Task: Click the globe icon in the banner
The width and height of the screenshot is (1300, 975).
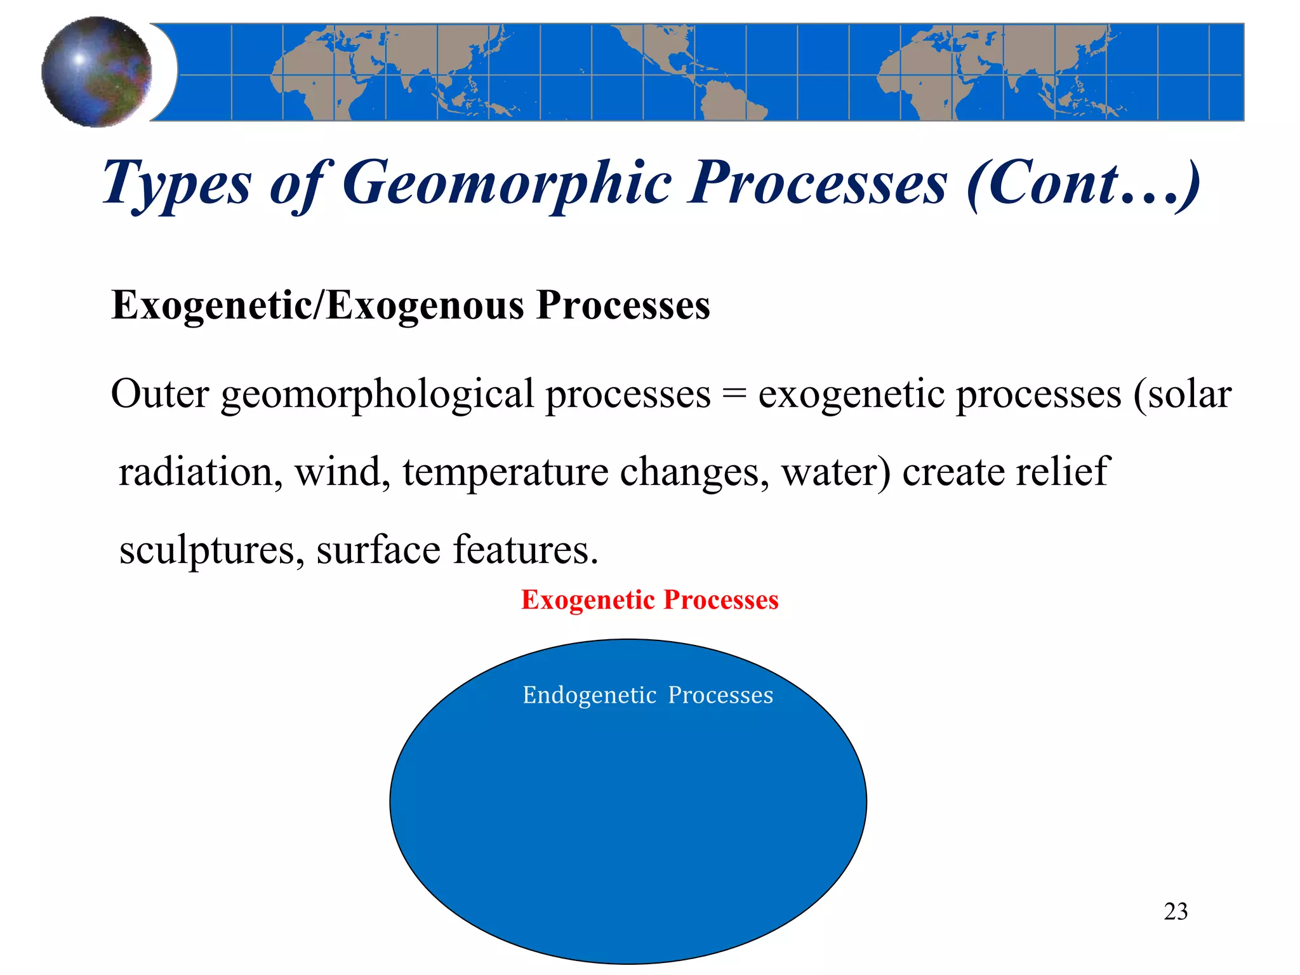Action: click(x=96, y=72)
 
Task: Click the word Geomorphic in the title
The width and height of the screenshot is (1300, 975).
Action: click(x=507, y=183)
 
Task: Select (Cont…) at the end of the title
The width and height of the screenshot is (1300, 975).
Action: click(x=1083, y=183)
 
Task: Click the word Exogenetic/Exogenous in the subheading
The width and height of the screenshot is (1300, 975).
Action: click(x=317, y=305)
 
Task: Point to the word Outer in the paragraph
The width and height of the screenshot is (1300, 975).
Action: click(x=159, y=394)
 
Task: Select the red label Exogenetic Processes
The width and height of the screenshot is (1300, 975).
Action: click(x=649, y=600)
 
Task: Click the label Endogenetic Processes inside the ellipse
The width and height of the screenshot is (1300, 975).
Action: click(x=647, y=696)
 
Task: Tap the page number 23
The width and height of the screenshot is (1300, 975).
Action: click(x=1176, y=912)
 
